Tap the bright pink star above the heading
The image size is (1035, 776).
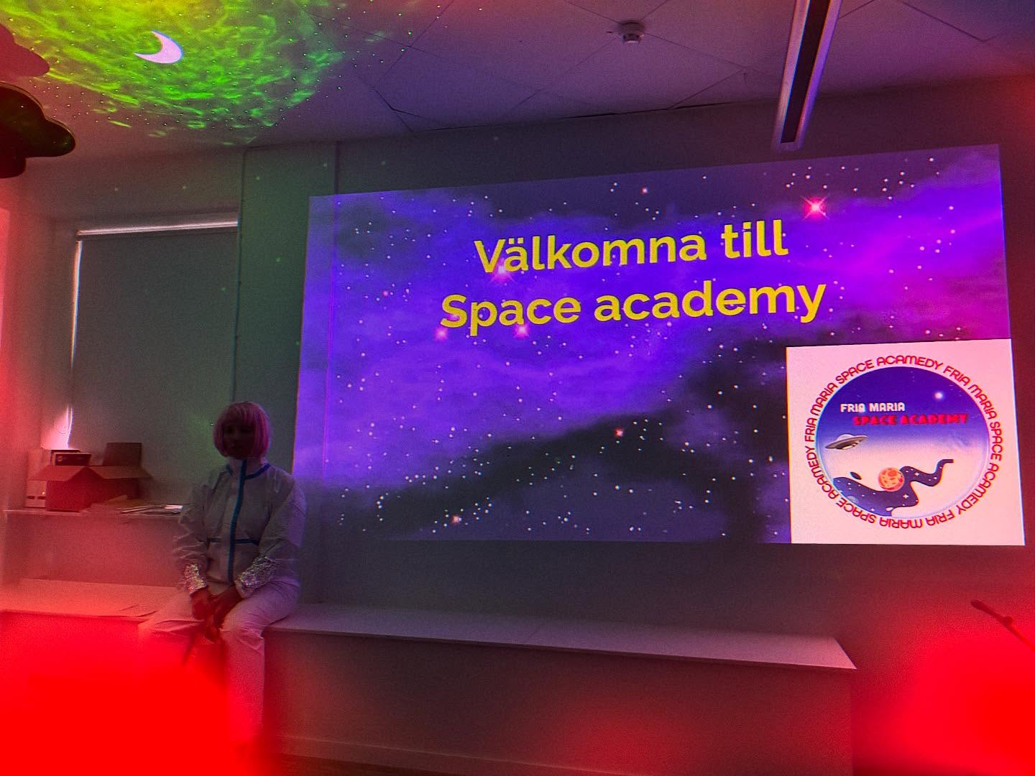(x=815, y=208)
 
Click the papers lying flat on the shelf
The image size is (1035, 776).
(x=144, y=509)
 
